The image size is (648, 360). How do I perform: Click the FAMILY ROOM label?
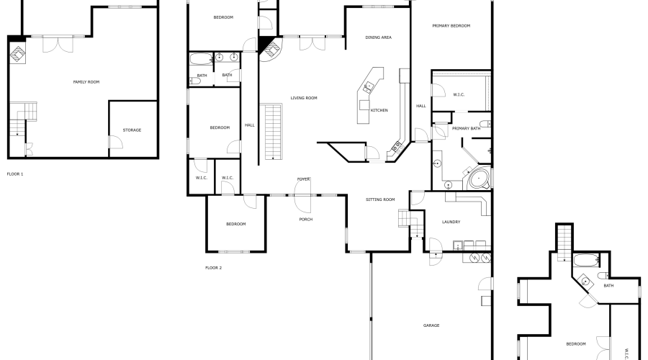(86, 82)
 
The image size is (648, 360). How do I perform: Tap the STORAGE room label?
(132, 130)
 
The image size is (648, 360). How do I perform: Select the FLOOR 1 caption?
(15, 174)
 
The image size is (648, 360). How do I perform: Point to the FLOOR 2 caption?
(214, 268)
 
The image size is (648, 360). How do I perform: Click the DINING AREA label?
(378, 37)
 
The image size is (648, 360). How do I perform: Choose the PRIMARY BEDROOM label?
(451, 26)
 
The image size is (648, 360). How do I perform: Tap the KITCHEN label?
(379, 110)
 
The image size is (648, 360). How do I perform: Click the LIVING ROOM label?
(304, 98)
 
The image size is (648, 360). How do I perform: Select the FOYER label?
(304, 179)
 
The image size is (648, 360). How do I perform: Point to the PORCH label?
(306, 219)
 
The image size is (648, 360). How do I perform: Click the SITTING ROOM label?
(380, 199)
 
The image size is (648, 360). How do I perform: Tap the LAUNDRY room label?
(451, 222)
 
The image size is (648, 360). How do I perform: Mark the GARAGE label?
(431, 325)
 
